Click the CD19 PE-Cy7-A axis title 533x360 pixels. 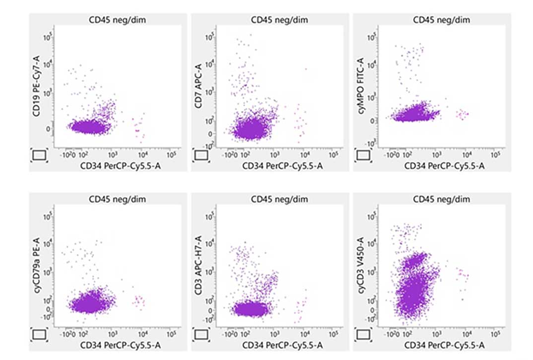pos(36,93)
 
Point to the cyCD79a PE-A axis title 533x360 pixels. pos(36,272)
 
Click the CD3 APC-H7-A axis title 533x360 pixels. pos(198,272)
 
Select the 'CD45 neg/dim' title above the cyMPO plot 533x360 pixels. pos(442,20)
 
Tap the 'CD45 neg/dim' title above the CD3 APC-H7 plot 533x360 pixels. pos(279,199)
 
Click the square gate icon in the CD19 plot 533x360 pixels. pos(40,155)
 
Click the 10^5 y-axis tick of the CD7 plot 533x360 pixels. pos(210,36)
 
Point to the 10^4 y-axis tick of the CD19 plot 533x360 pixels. pos(49,65)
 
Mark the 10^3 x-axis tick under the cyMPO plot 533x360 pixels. pos(437,154)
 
